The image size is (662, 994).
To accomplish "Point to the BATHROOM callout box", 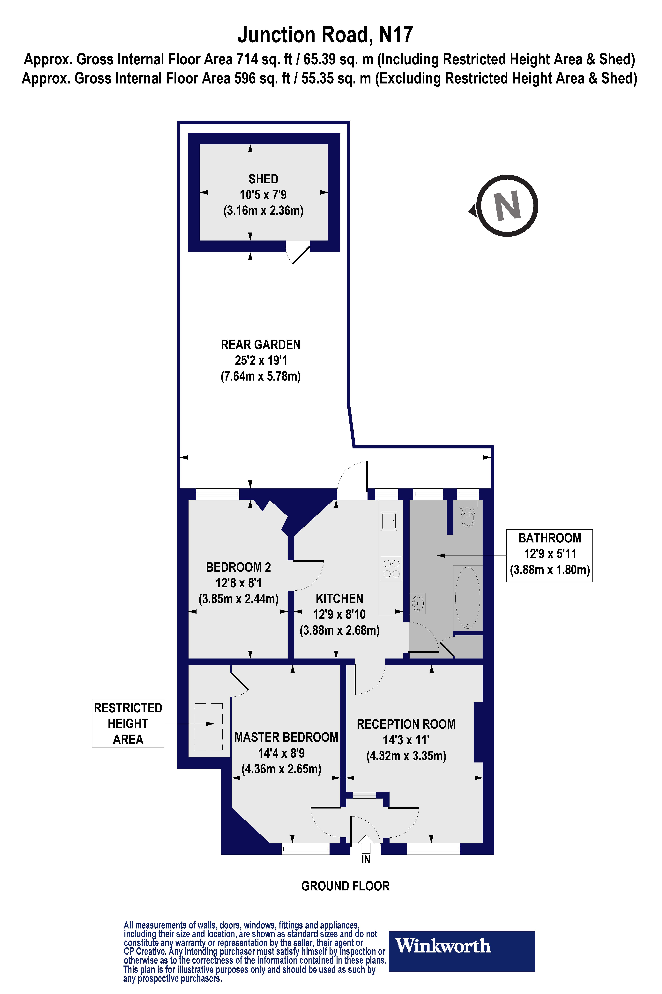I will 549,555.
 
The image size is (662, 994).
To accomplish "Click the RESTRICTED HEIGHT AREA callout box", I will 128,723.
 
